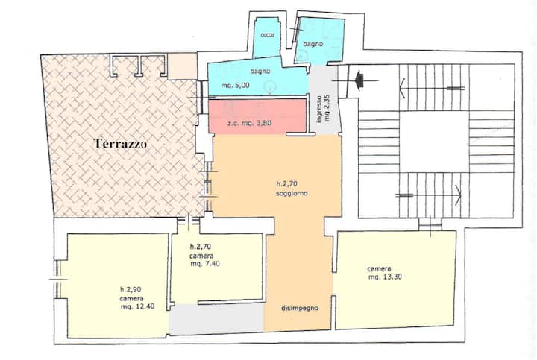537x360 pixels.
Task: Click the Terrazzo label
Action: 121,143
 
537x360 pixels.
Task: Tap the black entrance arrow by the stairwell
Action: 359,80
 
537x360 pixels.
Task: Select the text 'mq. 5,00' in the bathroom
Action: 235,86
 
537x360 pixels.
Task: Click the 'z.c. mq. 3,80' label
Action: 249,123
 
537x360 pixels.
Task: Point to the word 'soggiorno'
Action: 292,193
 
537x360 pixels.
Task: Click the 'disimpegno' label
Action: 300,308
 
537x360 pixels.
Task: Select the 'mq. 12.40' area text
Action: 137,306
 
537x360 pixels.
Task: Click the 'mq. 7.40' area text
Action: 205,264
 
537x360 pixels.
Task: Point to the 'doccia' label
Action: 267,35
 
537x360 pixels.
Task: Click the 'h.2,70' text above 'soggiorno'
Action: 287,184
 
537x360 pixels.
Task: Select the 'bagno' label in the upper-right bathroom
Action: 313,44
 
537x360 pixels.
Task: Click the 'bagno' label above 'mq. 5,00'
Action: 260,71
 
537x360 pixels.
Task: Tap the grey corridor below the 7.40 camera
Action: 216,319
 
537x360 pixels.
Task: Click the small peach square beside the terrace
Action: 183,66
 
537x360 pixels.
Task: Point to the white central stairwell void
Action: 433,142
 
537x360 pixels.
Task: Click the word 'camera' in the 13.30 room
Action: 379,269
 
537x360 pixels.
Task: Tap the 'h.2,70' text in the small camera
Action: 201,247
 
